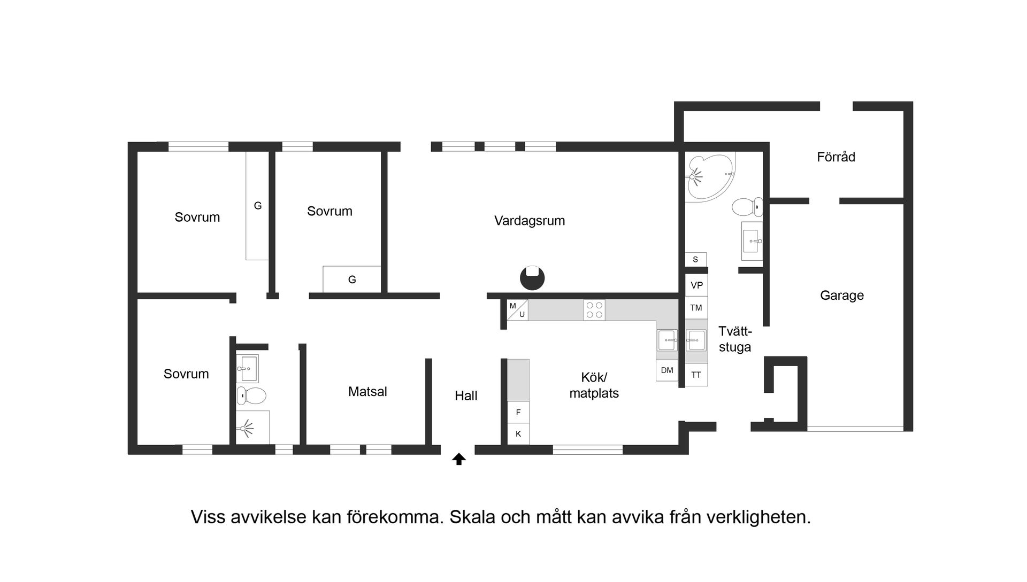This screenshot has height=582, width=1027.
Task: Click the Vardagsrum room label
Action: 530,221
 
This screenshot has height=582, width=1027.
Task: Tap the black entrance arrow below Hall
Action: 459,459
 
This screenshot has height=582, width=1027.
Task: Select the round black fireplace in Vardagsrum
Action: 532,278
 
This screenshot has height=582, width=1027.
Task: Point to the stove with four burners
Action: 594,310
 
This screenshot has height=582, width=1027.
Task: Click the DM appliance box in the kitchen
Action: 666,370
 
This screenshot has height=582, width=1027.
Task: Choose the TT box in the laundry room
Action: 696,375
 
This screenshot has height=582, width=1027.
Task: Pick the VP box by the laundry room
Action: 696,285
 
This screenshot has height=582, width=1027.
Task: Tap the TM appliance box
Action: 696,308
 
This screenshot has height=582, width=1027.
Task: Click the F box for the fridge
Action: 518,412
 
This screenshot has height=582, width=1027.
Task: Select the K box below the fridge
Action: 518,433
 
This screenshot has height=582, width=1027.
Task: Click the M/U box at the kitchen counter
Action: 517,311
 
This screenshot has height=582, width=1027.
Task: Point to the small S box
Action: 695,259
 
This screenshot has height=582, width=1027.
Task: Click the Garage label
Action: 842,295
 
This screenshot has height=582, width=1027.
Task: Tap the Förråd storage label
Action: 836,157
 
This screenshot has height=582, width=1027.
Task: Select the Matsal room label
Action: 367,392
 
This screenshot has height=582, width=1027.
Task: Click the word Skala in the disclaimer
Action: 472,517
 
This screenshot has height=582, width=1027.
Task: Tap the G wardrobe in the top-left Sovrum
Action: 257,206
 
